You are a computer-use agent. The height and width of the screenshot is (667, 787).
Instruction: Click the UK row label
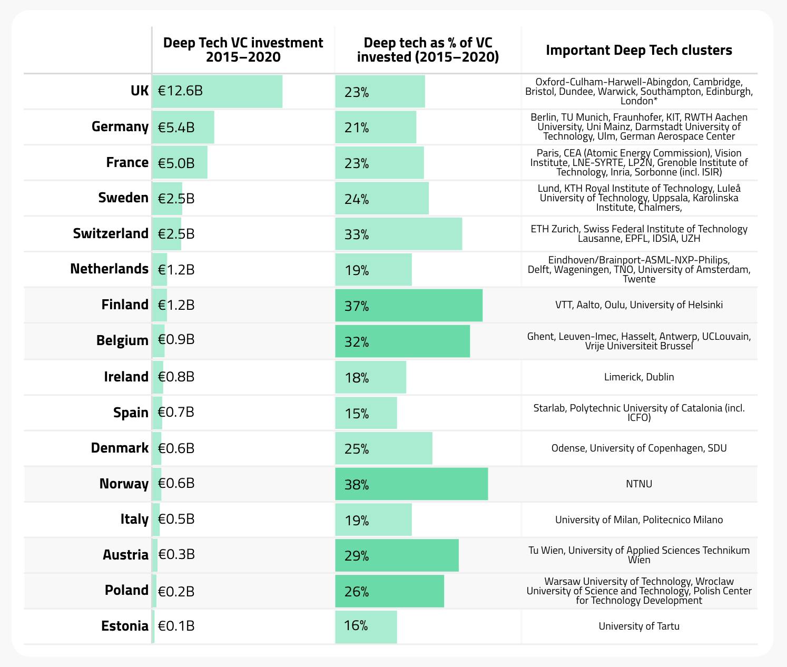tap(139, 91)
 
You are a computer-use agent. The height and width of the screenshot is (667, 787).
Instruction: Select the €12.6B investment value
tap(180, 91)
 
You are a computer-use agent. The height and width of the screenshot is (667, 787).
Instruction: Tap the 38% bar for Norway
tap(411, 484)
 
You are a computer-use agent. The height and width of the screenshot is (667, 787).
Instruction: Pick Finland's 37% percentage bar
tap(408, 306)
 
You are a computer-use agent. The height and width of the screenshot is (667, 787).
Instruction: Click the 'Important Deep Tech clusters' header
tap(639, 50)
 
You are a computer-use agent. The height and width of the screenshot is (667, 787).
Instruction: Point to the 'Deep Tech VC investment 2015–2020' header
tap(243, 50)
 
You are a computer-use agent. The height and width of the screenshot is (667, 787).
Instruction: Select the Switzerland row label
tap(111, 233)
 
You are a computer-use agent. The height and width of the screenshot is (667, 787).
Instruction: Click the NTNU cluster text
tap(639, 484)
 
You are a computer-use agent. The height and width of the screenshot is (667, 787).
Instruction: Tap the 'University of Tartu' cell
tap(639, 626)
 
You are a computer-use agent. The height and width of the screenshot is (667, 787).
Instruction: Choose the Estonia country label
tap(125, 626)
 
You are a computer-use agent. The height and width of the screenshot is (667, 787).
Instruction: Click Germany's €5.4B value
tap(176, 127)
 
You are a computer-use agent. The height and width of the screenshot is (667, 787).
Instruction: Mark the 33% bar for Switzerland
tap(398, 234)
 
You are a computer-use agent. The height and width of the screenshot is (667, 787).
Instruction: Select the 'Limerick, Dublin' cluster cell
tap(639, 377)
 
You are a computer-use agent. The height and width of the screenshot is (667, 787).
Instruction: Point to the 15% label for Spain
tap(357, 414)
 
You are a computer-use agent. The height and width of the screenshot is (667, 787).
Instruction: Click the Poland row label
tap(126, 590)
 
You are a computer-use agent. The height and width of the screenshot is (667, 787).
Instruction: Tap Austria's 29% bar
tap(397, 555)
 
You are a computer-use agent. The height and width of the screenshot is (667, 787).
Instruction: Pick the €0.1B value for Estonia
tap(176, 626)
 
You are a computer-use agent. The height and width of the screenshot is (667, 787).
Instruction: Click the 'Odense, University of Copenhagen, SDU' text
tap(639, 448)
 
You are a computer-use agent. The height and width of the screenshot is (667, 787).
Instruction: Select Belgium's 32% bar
tap(402, 341)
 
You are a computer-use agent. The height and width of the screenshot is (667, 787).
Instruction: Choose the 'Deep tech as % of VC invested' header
tap(428, 50)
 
